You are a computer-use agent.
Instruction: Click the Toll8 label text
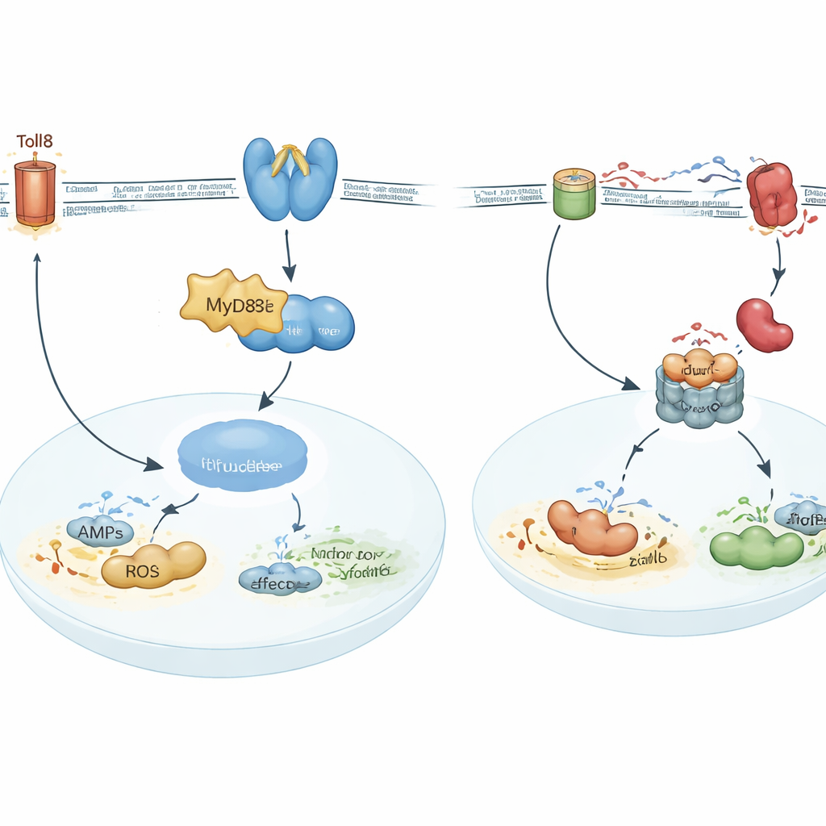tap(35, 142)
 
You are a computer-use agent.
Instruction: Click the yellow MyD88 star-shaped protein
tap(231, 305)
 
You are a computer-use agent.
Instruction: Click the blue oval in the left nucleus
tap(242, 454)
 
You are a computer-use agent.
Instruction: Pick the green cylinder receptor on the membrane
tap(574, 193)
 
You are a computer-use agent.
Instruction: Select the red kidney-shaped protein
tap(764, 325)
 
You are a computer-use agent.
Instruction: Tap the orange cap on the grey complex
tap(699, 368)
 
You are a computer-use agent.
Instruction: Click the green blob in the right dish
tap(756, 547)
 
